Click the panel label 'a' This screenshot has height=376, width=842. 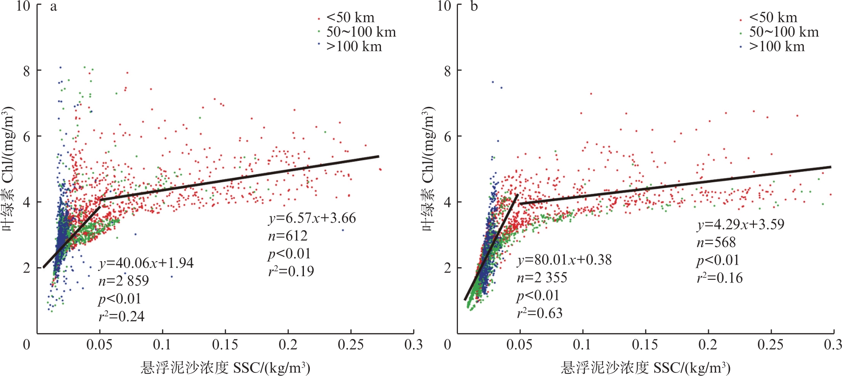53,8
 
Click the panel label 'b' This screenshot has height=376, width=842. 474,8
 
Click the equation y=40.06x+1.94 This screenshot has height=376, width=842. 146,263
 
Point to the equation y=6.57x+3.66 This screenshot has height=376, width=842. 312,218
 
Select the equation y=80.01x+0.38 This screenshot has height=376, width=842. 564,260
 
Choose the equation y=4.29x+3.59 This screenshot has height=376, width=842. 741,225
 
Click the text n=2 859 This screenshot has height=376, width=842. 124,281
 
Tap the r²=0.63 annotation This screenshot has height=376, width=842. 540,313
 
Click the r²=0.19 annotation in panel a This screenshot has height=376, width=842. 291,271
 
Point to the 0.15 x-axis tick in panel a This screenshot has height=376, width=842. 225,344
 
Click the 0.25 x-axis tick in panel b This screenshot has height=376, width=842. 770,344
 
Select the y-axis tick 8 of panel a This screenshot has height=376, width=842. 26,71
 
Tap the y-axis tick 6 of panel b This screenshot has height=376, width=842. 447,137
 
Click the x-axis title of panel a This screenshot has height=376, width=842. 225,368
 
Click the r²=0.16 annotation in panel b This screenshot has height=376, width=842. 720,278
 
